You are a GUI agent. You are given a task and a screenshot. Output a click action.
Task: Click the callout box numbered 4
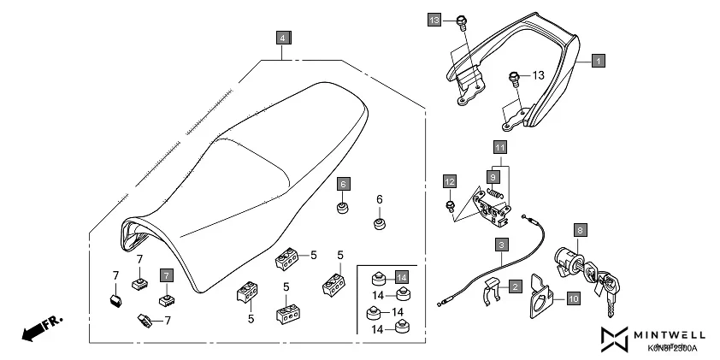pyautogui.click(x=283, y=37)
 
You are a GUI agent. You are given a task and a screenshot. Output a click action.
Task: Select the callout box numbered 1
pyautogui.click(x=598, y=61)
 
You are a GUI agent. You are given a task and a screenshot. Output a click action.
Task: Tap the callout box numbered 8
pyautogui.click(x=580, y=230)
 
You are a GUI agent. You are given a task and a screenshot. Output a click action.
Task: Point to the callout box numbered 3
pyautogui.click(x=499, y=245)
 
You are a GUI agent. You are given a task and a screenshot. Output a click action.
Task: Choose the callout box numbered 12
pyautogui.click(x=450, y=180)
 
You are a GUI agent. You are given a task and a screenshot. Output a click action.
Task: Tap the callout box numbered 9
pyautogui.click(x=492, y=176)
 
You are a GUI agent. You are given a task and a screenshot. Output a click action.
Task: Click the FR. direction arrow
pyautogui.click(x=39, y=328)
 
